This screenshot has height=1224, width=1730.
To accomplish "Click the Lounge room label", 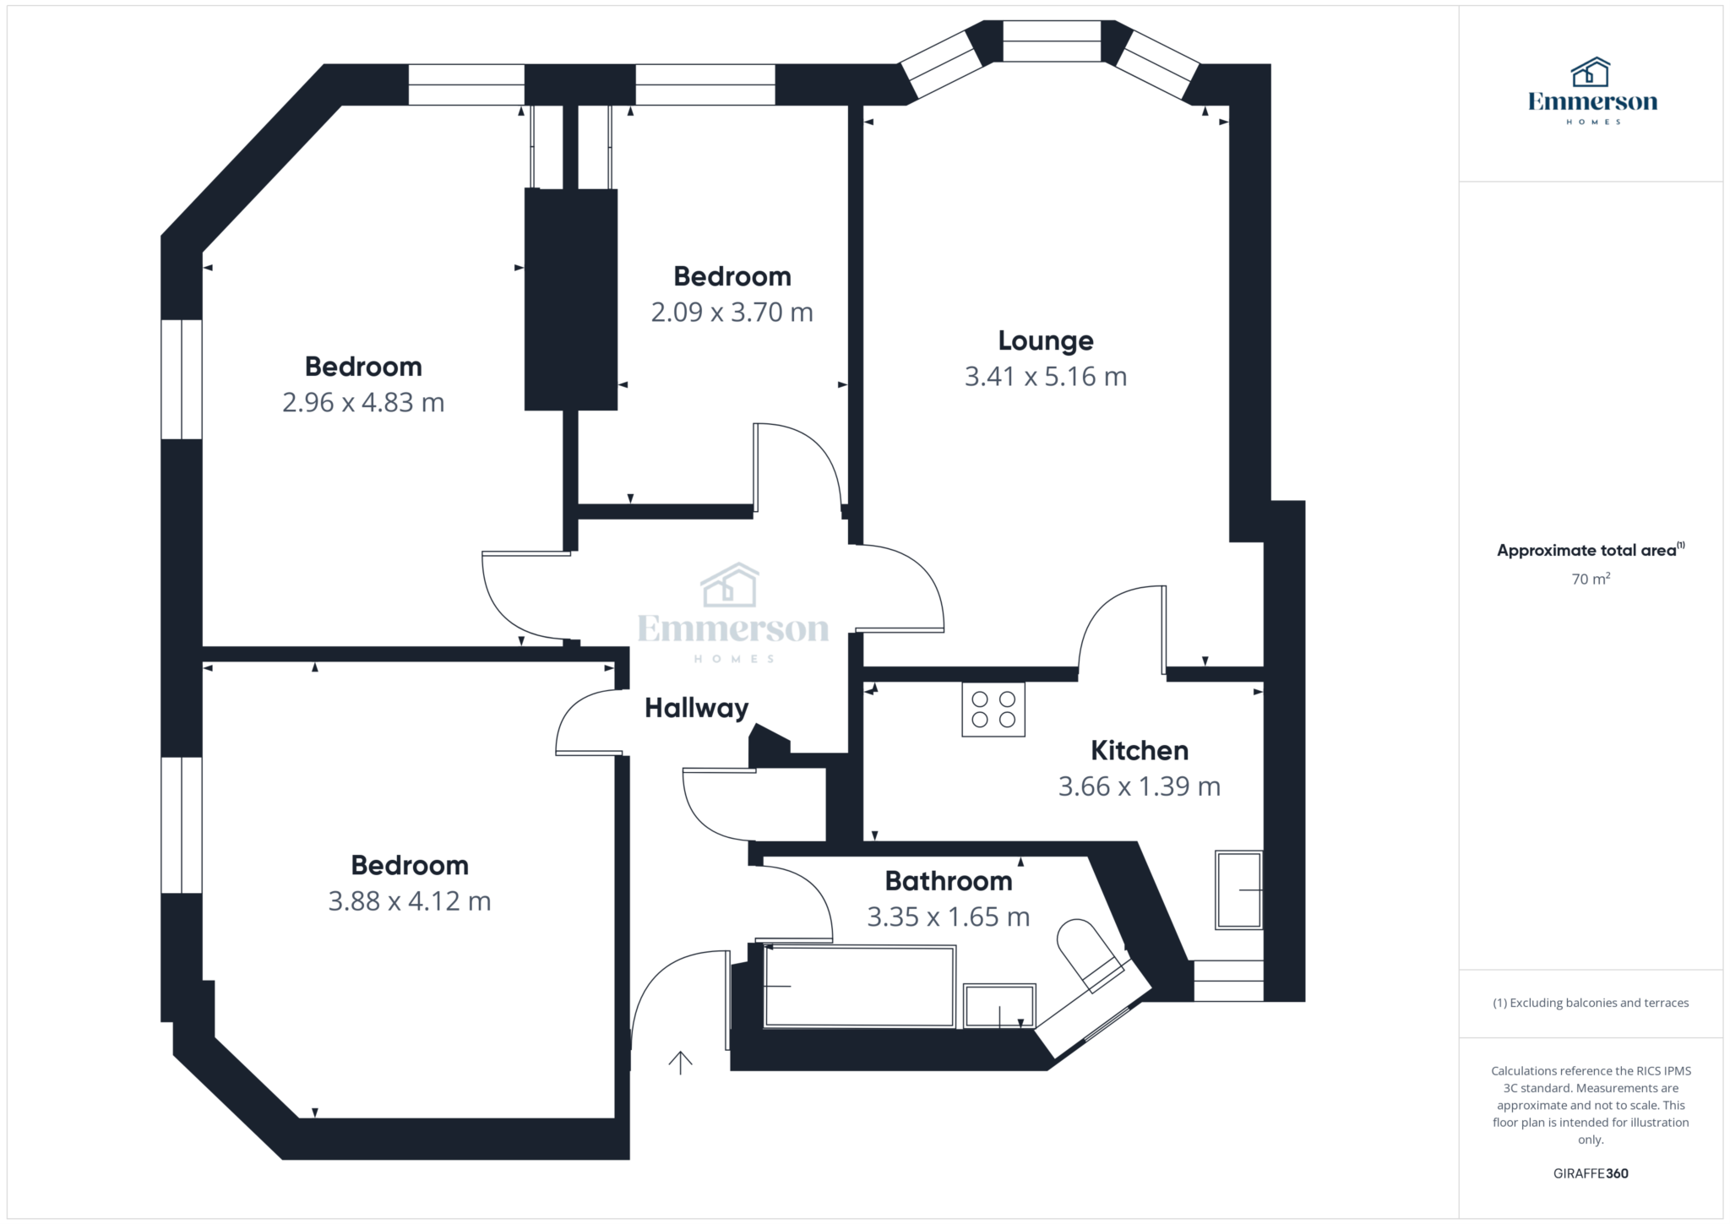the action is (1046, 340).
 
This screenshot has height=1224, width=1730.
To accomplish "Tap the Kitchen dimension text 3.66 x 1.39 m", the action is (1140, 786).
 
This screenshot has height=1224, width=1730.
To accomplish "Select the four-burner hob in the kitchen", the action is (993, 710).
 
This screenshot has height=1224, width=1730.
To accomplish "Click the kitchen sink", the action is (1239, 890).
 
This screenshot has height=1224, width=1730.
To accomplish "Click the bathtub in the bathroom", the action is (860, 987).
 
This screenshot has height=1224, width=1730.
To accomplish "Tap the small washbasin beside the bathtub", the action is (999, 1005).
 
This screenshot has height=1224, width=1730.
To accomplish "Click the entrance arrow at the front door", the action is (681, 1062).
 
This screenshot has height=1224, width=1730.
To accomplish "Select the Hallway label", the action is (697, 708).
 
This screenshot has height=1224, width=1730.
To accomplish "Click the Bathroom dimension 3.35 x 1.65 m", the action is (949, 917).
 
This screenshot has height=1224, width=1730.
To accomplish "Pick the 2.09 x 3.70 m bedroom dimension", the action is (732, 313).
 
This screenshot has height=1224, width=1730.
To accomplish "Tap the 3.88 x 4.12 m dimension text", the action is (410, 901).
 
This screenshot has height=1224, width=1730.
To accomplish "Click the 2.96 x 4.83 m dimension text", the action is (363, 402).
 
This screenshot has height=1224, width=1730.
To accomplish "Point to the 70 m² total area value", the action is (1591, 579).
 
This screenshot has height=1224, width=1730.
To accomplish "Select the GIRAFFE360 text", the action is (1591, 1173).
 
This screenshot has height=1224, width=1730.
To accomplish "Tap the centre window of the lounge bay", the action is (1052, 41).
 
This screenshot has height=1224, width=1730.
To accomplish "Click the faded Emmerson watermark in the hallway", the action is (732, 613).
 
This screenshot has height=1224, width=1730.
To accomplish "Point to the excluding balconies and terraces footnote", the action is (1591, 1003).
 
